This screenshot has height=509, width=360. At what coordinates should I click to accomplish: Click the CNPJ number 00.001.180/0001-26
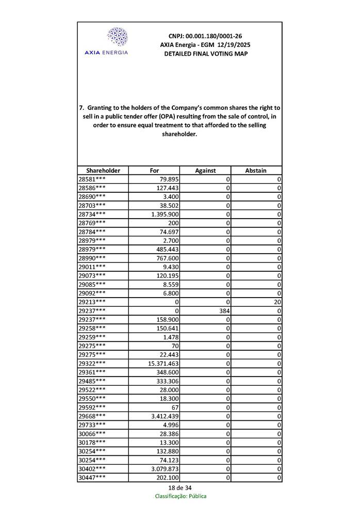tap(205, 36)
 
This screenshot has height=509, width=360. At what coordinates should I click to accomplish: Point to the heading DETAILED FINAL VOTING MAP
tap(205, 54)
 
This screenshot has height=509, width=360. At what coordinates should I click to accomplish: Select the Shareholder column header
tap(103, 170)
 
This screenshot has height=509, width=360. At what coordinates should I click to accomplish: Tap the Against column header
tap(205, 170)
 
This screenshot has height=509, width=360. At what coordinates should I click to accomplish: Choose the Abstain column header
tap(256, 170)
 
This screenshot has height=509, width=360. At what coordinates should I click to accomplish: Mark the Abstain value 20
tap(277, 302)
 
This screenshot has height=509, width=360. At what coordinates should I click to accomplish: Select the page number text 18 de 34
tap(180, 488)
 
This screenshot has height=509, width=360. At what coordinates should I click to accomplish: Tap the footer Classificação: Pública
tap(181, 496)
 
